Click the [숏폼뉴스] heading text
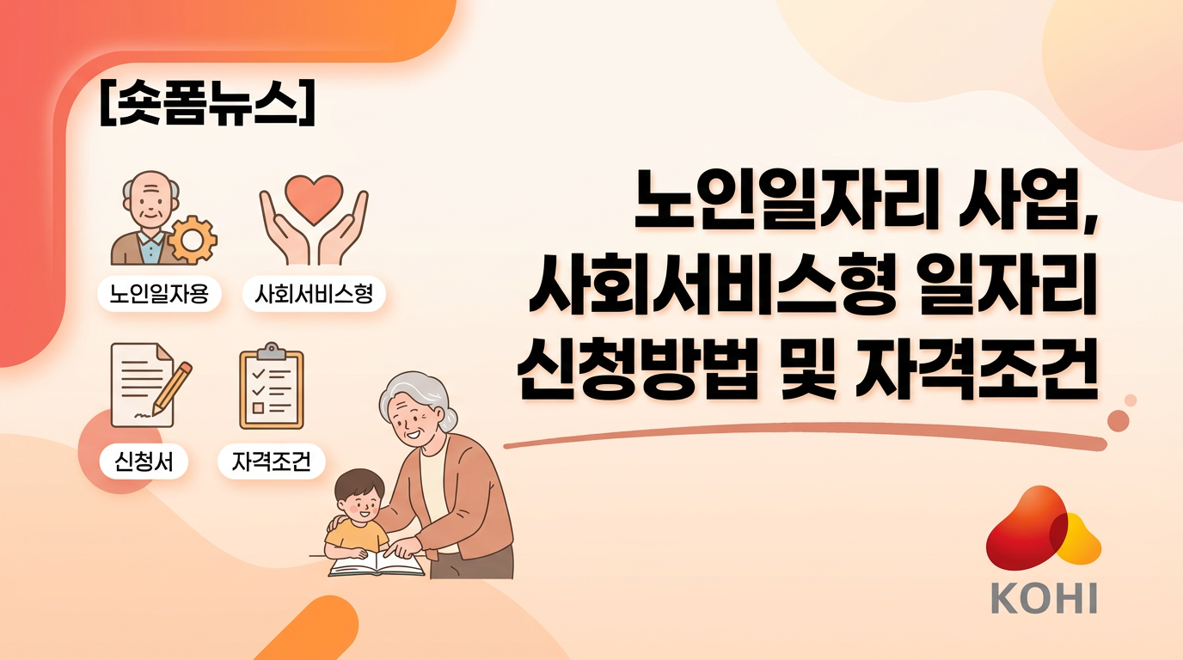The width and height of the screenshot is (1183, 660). (207, 103)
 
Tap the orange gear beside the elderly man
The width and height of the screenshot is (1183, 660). (193, 240)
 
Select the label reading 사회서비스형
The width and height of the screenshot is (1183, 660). (314, 294)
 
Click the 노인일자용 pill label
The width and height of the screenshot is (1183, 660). (159, 294)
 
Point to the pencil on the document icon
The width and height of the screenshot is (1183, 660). (172, 388)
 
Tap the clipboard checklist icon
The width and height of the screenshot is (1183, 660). (272, 386)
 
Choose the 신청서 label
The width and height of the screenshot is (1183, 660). (144, 461)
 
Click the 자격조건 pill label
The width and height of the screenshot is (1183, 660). (272, 461)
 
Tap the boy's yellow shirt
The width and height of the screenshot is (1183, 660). (356, 536)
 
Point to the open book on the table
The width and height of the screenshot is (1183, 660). (377, 564)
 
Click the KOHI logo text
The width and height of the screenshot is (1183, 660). (1044, 598)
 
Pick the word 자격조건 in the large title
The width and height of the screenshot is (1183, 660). (977, 370)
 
